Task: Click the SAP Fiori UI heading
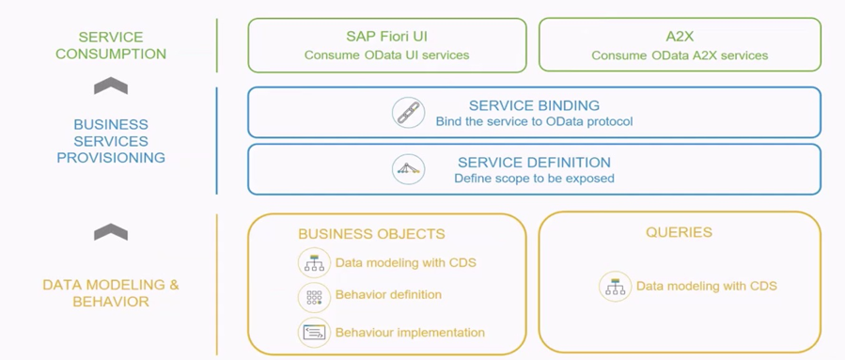tap(386, 37)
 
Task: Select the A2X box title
tap(680, 37)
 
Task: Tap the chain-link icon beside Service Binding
tap(409, 113)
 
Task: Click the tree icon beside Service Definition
tap(409, 169)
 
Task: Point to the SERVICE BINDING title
tap(534, 105)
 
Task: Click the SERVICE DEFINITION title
tap(534, 163)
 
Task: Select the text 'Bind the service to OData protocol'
tap(534, 121)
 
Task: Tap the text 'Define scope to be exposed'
tap(534, 178)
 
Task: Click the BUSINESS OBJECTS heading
tap(372, 234)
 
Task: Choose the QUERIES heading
tap(679, 232)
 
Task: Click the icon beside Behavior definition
tap(314, 296)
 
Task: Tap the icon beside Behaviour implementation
tap(314, 333)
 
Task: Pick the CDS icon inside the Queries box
tap(615, 286)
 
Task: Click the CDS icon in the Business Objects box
tap(314, 263)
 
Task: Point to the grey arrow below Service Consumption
tap(111, 86)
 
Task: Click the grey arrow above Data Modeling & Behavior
tap(111, 232)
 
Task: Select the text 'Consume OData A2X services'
tap(680, 55)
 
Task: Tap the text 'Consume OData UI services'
tap(386, 55)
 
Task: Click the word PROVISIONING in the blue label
tap(111, 158)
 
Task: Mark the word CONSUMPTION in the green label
tap(111, 54)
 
